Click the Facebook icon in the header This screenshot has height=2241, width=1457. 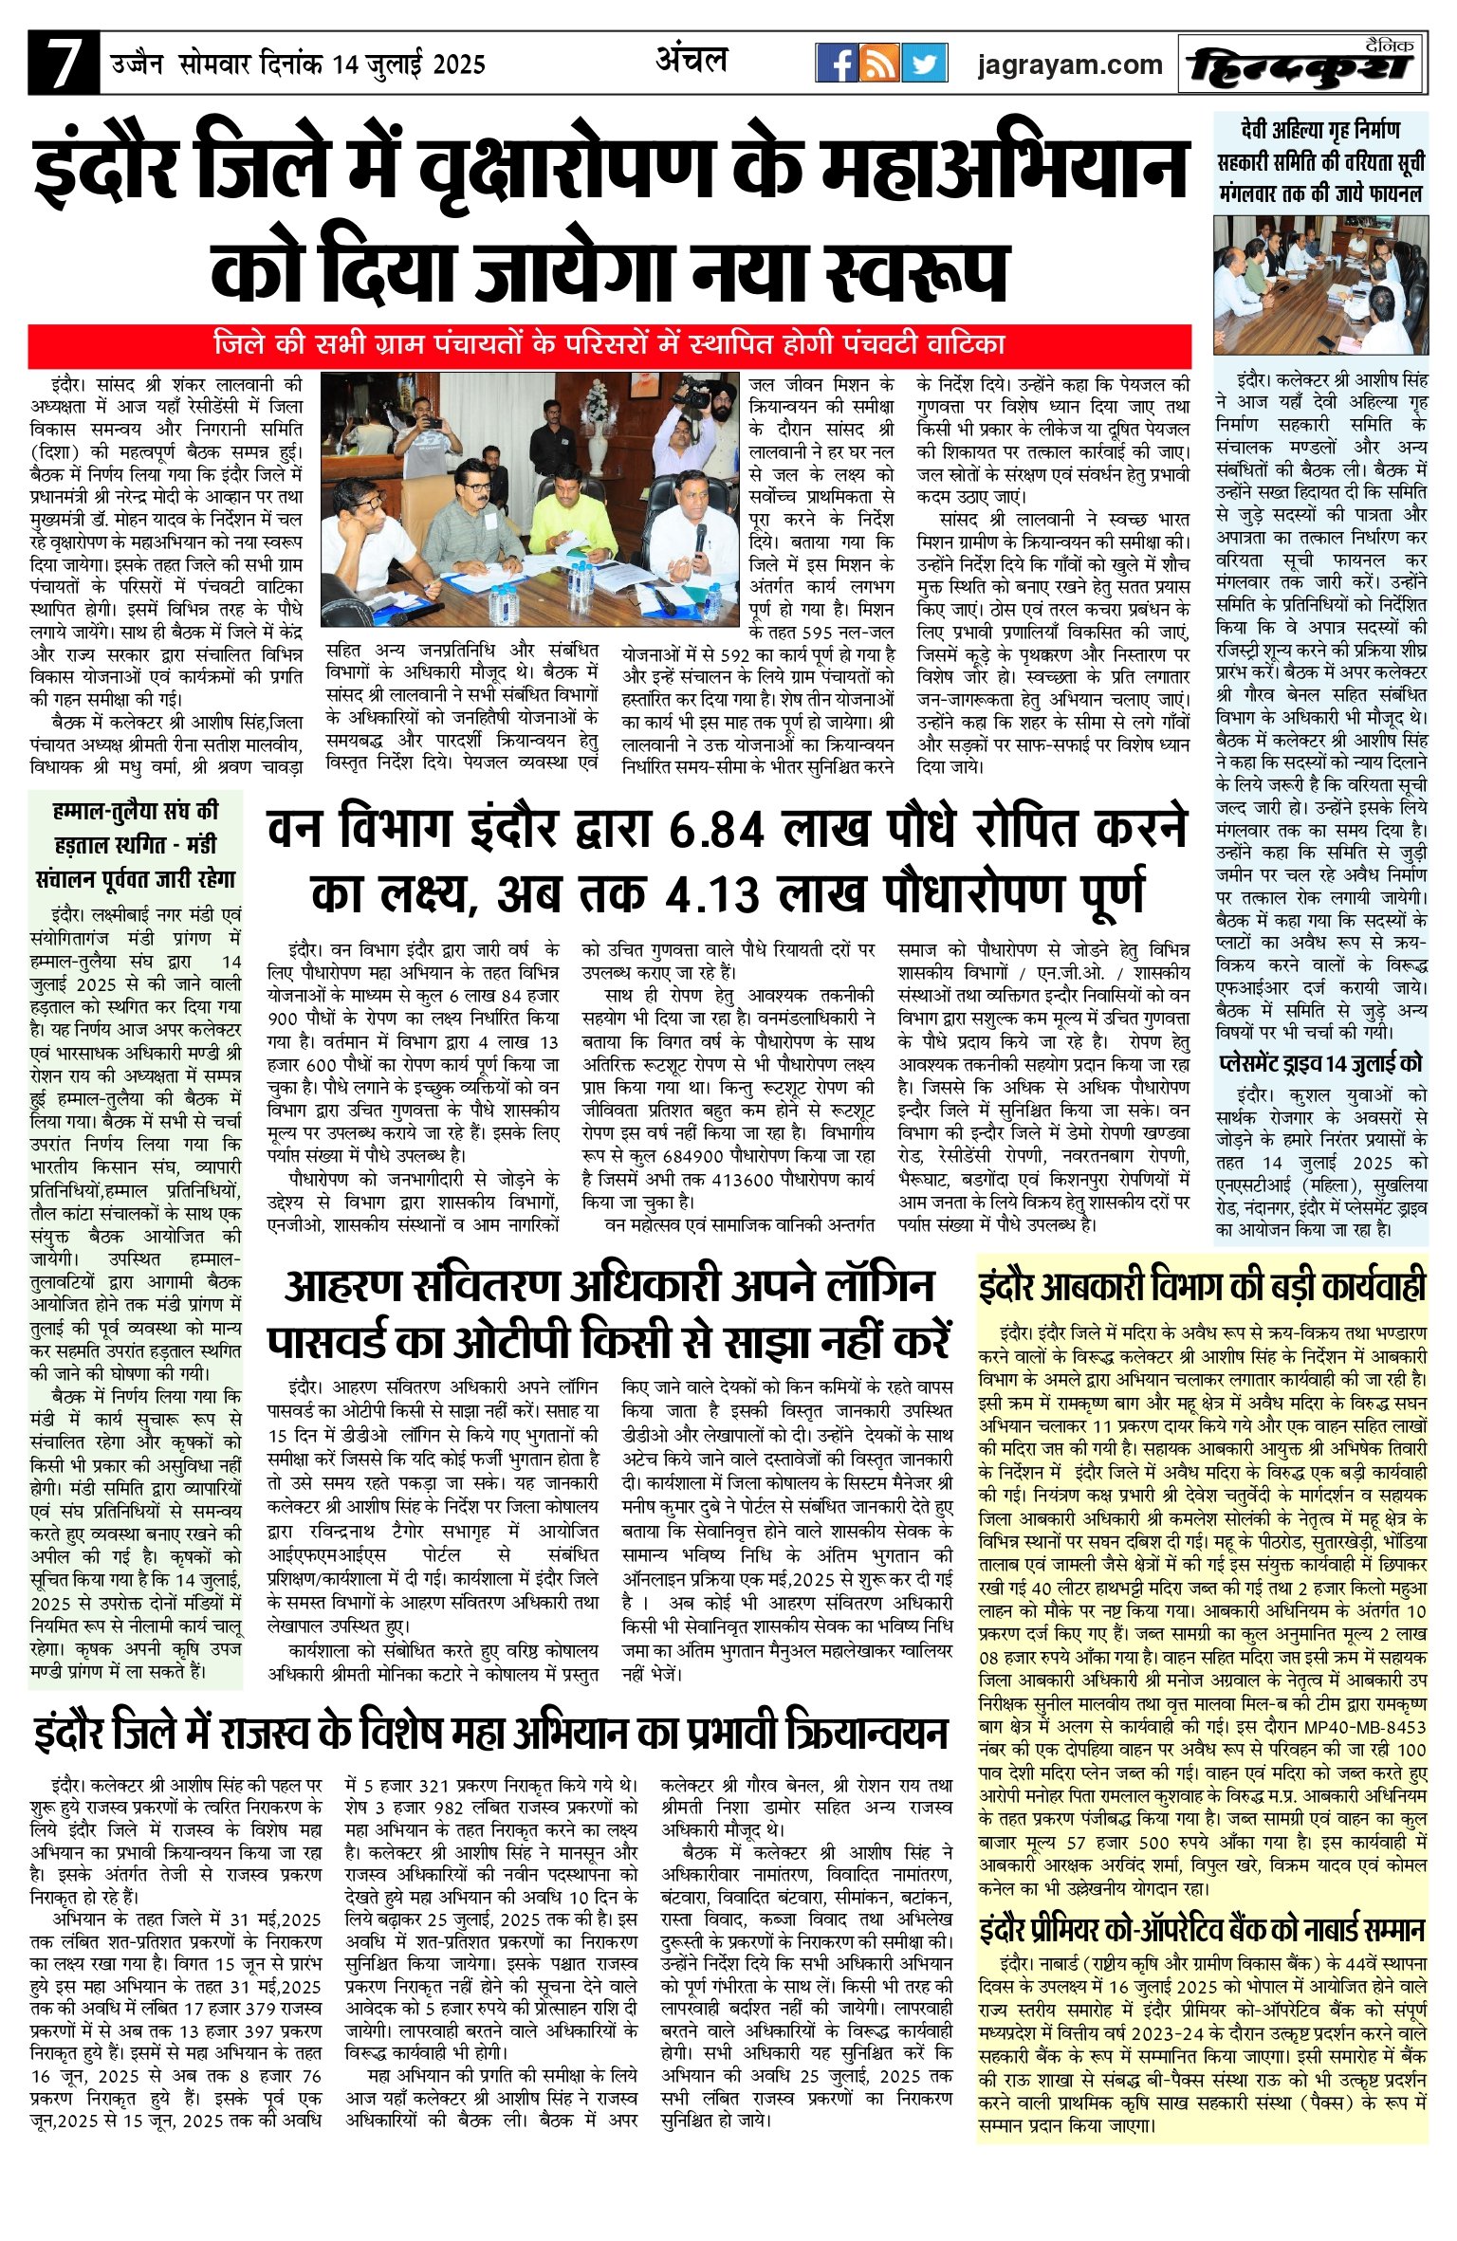coord(837,64)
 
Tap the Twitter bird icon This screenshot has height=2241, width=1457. coord(924,64)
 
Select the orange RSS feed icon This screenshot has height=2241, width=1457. coord(880,64)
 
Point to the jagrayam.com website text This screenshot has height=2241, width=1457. coord(1070,64)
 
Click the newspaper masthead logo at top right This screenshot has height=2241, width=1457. coord(1302,64)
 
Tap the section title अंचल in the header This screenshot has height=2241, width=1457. coord(692,61)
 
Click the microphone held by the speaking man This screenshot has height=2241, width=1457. coord(700,538)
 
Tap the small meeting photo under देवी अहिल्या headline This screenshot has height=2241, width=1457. coord(1320,285)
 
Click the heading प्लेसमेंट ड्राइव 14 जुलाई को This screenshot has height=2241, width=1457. coord(1320,1063)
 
